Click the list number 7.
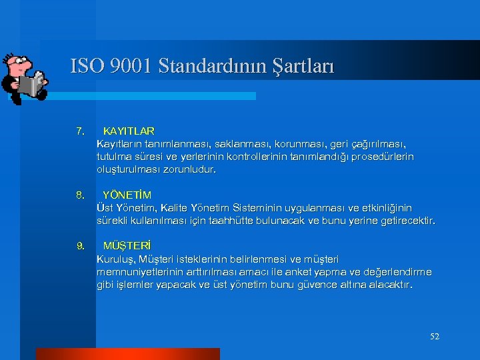pos(80,131)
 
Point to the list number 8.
pos(80,195)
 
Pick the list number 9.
pos(80,246)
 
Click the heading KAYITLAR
pos(129,131)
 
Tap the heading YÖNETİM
pos(127,195)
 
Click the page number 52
pos(435,337)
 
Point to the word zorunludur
pos(192,169)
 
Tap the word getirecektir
pos(406,221)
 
